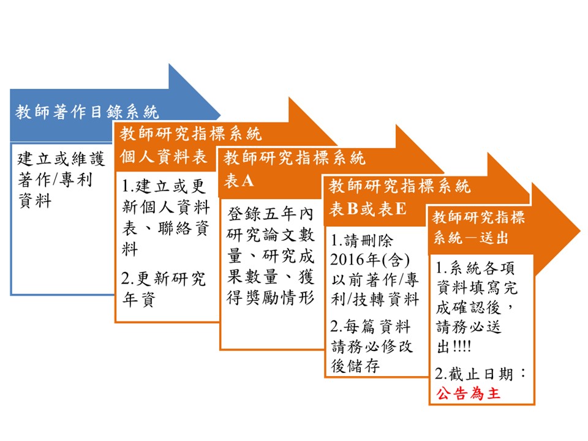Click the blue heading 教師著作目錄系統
87,111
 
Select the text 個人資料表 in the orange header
163,156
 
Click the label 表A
239,181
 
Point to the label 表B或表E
367,209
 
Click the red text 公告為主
468,393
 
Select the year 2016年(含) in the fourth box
370,260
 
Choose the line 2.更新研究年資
164,289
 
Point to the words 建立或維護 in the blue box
61,159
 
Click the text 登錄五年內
270,214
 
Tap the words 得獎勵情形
270,298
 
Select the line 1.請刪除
361,240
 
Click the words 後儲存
355,366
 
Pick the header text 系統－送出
470,238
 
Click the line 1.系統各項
475,268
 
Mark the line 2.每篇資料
371,326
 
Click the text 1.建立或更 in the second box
164,186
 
